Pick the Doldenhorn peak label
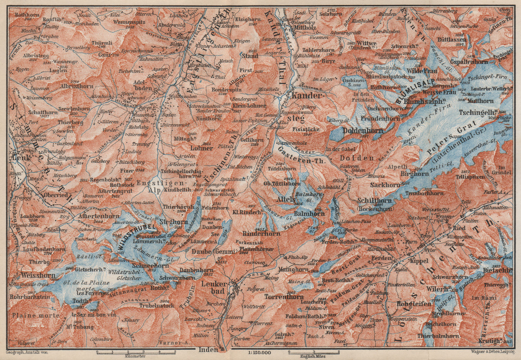[363, 130]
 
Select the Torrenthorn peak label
[284, 297]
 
